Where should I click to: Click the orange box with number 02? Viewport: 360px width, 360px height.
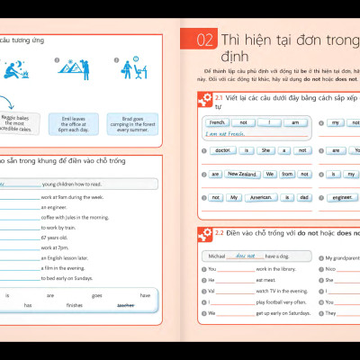(204, 40)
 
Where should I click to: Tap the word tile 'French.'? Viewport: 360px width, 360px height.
(217, 122)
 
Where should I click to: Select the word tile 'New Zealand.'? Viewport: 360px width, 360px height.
(243, 174)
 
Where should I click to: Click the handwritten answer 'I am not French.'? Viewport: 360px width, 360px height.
(227, 134)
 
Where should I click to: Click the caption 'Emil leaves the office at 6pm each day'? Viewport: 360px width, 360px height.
(76, 123)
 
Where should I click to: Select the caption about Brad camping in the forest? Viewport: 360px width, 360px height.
(127, 123)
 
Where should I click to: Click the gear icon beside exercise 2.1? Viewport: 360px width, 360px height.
(203, 99)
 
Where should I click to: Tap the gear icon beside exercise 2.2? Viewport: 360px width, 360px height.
(203, 236)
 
